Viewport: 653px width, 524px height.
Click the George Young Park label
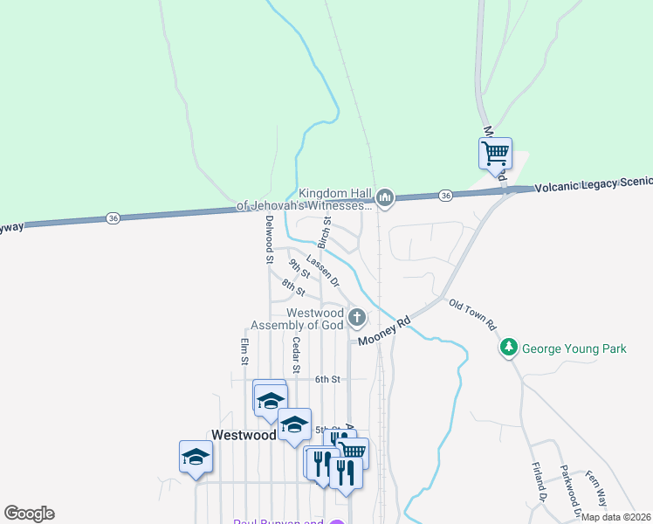click(x=574, y=348)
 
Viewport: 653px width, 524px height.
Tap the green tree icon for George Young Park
click(x=509, y=348)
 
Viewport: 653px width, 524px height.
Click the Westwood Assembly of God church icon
click(x=356, y=316)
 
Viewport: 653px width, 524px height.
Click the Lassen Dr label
click(x=322, y=272)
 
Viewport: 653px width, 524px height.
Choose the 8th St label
click(x=293, y=286)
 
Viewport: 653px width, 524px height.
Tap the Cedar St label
click(x=296, y=355)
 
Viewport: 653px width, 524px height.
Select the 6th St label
click(x=327, y=379)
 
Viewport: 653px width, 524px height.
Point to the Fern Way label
click(x=595, y=484)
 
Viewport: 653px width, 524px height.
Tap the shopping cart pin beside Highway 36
click(x=495, y=154)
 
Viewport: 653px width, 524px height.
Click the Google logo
click(x=29, y=514)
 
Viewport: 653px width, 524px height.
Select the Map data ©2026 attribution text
click(x=615, y=517)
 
